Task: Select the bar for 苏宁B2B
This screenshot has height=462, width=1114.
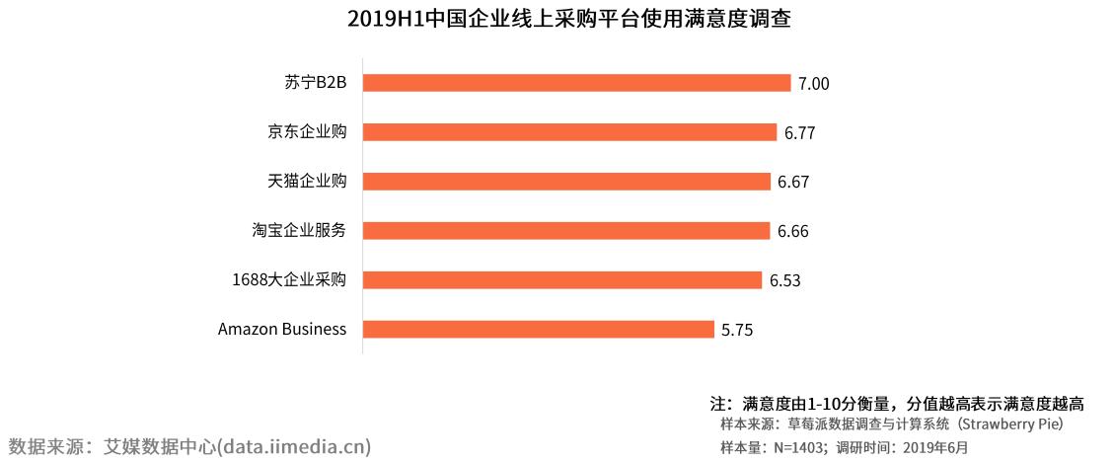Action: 577,83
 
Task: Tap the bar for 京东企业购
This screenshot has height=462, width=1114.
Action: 569,132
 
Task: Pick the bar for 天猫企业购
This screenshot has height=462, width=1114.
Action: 566,182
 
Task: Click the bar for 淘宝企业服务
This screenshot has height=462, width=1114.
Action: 566,231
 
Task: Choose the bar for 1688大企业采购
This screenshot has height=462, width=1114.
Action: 562,280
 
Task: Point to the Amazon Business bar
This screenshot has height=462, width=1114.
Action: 539,330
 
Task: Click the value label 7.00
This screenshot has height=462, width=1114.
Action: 814,84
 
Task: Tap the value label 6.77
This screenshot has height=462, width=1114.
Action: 799,133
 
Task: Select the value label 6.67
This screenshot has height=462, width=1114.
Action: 793,183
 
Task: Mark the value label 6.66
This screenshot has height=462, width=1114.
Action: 793,232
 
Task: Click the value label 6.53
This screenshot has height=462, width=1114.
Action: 785,281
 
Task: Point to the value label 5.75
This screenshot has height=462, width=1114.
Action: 738,331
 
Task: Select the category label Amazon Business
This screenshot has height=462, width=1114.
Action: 282,329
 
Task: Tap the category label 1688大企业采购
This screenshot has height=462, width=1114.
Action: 289,279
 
